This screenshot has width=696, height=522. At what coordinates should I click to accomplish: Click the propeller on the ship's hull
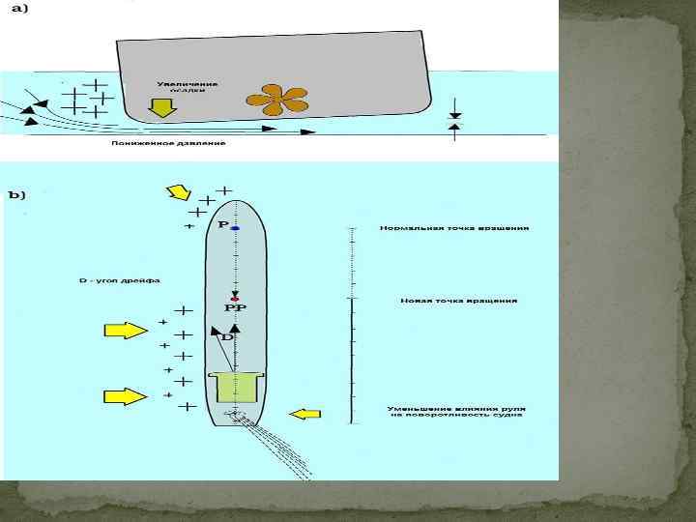(276, 98)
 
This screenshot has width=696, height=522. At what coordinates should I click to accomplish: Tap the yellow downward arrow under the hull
(163, 105)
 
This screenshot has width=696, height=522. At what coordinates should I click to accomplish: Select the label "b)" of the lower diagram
(17, 194)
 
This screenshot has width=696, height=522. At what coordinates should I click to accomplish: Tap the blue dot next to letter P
(235, 227)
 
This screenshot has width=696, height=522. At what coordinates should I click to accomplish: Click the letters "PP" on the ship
(235, 307)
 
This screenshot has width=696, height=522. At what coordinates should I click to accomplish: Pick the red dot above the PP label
(235, 298)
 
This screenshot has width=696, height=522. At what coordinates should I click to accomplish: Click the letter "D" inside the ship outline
(227, 337)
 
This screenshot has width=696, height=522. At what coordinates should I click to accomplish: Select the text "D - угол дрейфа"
(119, 280)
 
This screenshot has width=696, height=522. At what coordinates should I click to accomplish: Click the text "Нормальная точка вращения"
(453, 229)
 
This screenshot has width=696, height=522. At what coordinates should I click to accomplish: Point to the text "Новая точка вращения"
(458, 301)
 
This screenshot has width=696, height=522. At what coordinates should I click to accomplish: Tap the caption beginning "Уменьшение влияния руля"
(456, 413)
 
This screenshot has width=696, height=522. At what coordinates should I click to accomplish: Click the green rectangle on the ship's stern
(236, 388)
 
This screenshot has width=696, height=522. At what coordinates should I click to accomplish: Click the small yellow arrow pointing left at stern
(305, 414)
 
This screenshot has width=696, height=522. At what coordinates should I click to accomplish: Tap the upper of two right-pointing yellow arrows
(126, 332)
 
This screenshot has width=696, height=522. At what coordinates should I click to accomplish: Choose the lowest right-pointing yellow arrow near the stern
(126, 396)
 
